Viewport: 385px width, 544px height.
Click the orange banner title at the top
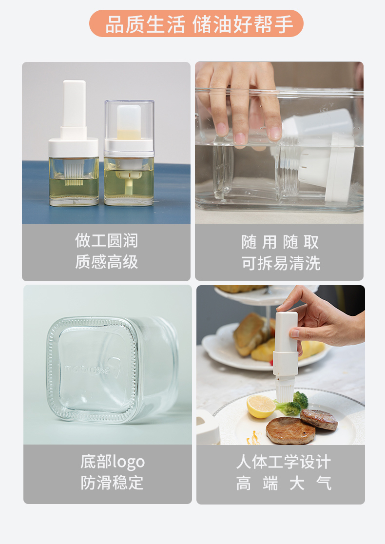tap(196, 23)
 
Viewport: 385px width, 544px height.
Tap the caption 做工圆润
tap(106, 240)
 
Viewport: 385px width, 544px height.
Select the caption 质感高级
tap(106, 262)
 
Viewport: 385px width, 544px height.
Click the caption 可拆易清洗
tap(281, 263)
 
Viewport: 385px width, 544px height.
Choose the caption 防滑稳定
tap(112, 483)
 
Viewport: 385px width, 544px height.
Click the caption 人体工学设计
tap(284, 462)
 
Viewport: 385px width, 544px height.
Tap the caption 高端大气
tap(284, 483)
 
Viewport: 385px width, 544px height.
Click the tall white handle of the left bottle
tap(74, 104)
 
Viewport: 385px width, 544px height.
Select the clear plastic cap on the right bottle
tap(129, 122)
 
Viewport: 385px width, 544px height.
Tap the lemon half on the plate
tap(261, 406)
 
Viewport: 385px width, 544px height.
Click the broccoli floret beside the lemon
tap(294, 404)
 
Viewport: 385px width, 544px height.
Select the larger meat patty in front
tap(290, 430)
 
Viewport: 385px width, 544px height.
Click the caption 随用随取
tap(280, 242)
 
